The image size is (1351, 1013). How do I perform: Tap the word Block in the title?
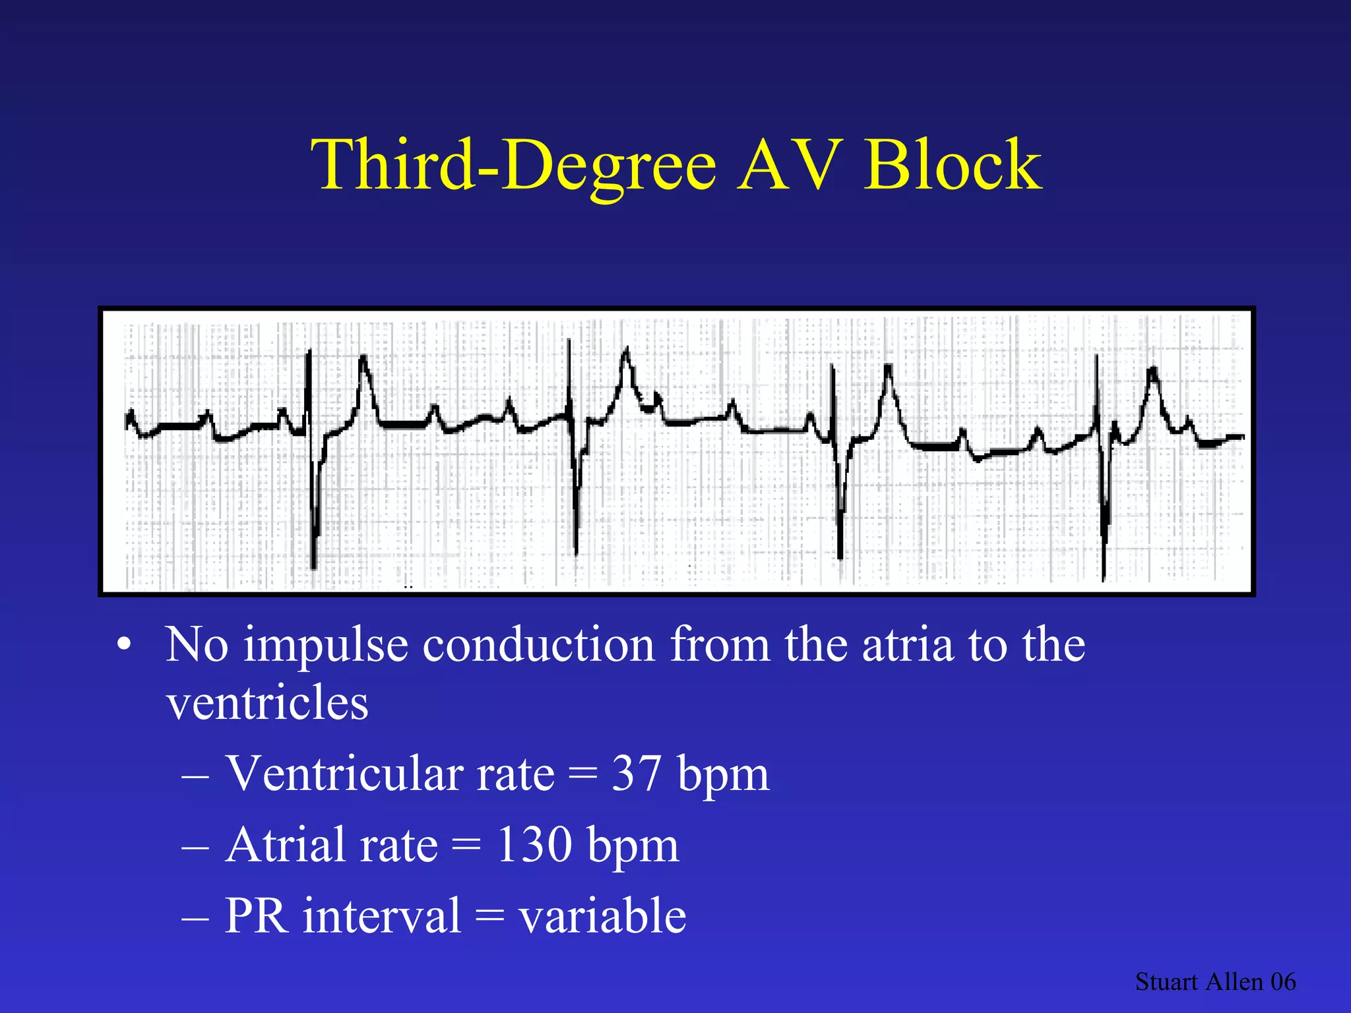click(953, 165)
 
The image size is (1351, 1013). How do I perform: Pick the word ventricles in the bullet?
click(267, 703)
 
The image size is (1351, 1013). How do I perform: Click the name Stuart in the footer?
click(1166, 982)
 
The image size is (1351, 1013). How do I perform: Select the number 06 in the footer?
click(1283, 982)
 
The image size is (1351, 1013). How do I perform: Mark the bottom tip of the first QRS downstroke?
click(313, 566)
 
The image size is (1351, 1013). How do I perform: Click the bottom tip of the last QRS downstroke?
click(1103, 579)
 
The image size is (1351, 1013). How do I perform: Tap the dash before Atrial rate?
click(195, 847)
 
